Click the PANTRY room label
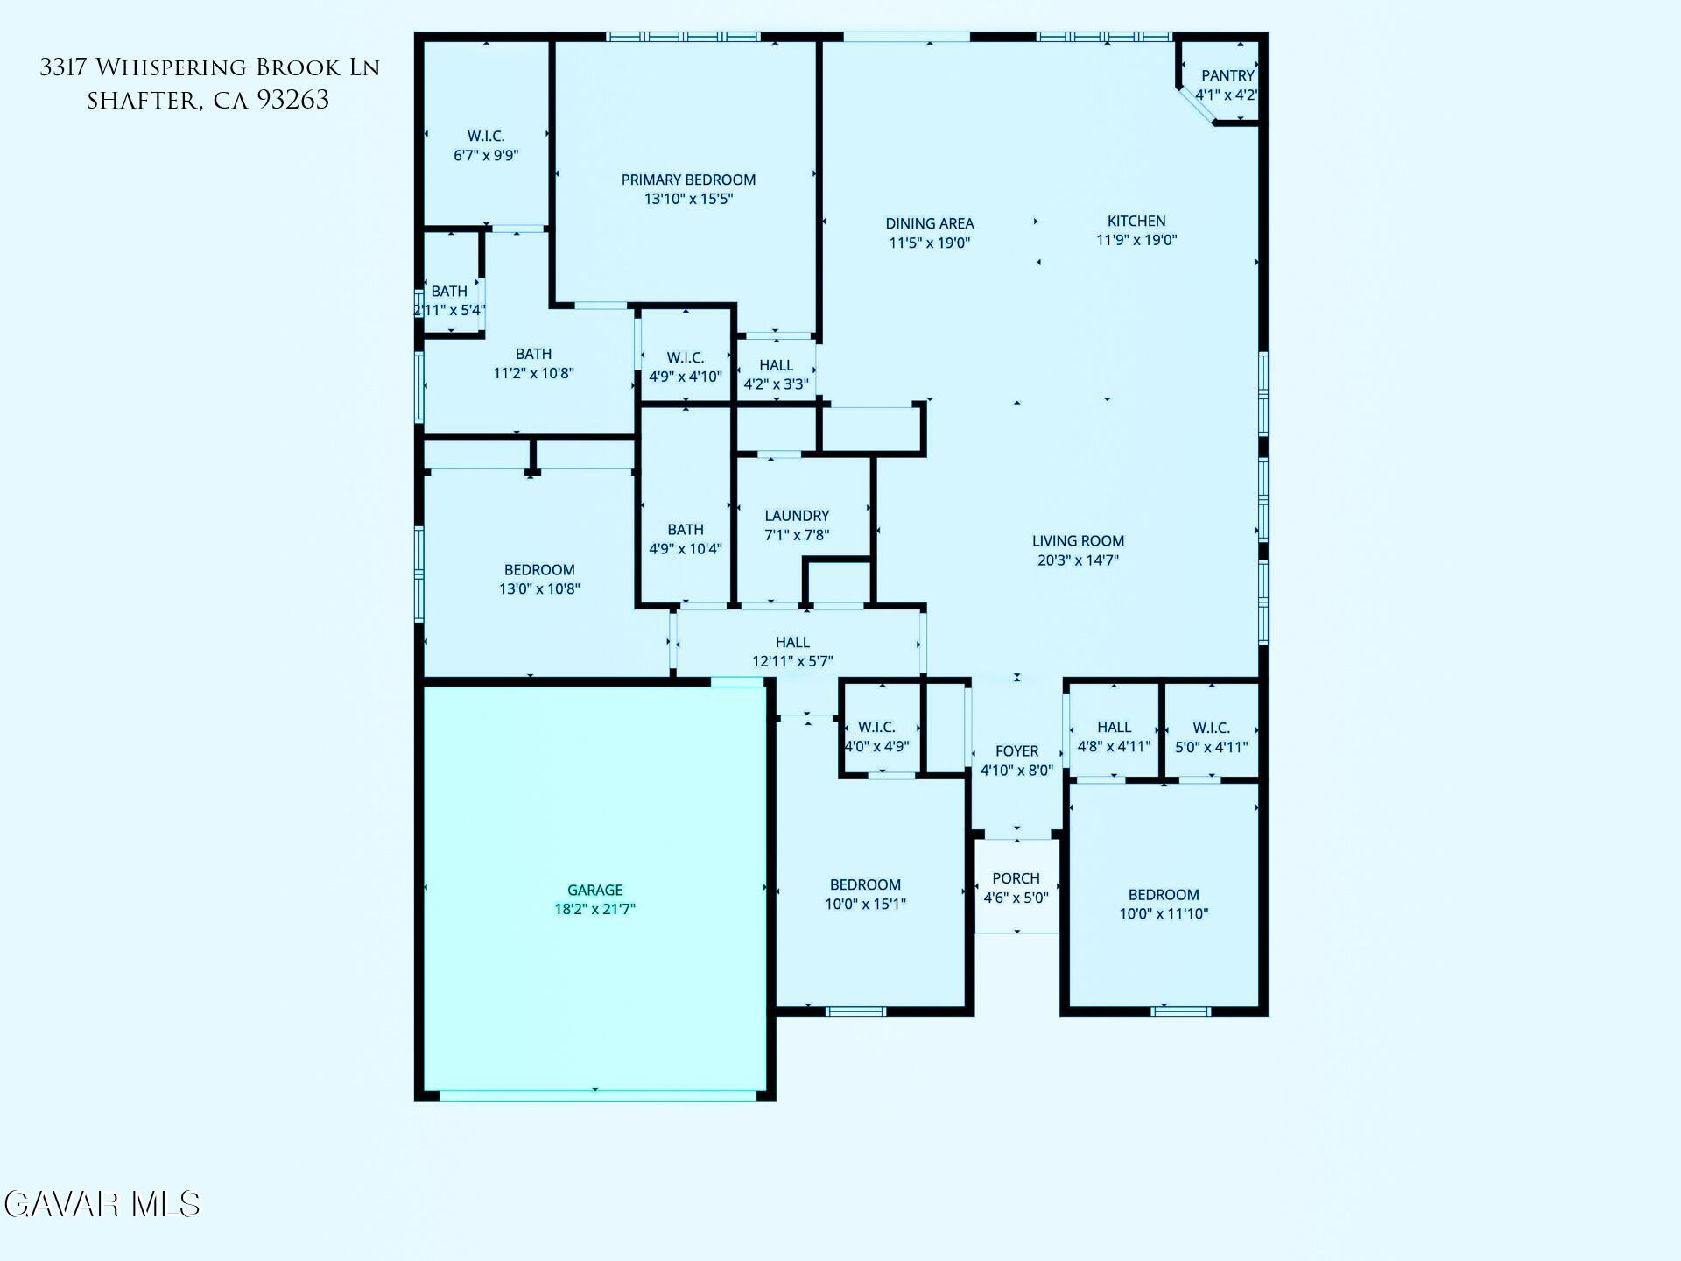pos(1227,76)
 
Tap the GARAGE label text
pos(594,890)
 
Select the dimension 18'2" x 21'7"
pos(594,909)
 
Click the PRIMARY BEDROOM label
pos(688,180)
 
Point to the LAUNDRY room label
pos(797,516)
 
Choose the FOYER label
pos(1016,751)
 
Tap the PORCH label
pos(1016,878)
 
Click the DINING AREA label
pos(929,223)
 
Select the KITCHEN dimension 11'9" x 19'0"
pos(1136,240)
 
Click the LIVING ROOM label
pos(1078,541)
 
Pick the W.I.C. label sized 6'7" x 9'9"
pos(486,136)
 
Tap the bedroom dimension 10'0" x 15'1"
pos(865,904)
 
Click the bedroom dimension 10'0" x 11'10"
pos(1164,913)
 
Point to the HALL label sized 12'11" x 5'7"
pos(792,642)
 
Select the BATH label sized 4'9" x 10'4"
pos(685,529)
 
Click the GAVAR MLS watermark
pos(102,1204)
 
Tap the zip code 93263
pos(293,101)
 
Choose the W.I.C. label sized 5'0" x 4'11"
pos(1211,728)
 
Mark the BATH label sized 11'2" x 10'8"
pos(533,354)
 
